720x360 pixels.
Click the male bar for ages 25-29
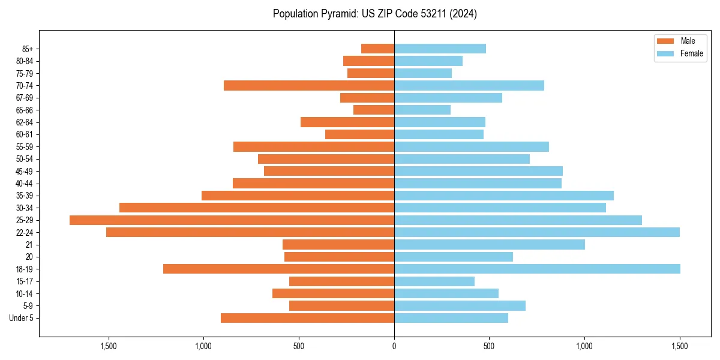coord(232,220)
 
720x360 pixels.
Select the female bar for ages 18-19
coord(537,269)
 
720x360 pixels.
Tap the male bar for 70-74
coord(309,86)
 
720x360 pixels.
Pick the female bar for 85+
coord(440,49)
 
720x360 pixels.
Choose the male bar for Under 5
coord(307,318)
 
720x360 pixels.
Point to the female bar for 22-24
coord(537,232)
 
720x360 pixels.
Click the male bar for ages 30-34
coord(257,208)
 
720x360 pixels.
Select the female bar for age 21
coord(490,245)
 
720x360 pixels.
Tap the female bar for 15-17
coord(434,281)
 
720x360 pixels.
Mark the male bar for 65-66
coord(374,110)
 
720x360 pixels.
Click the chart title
coord(374,14)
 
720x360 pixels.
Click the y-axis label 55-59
coord(24,147)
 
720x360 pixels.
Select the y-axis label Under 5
coord(21,318)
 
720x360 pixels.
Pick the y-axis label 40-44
coord(24,184)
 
